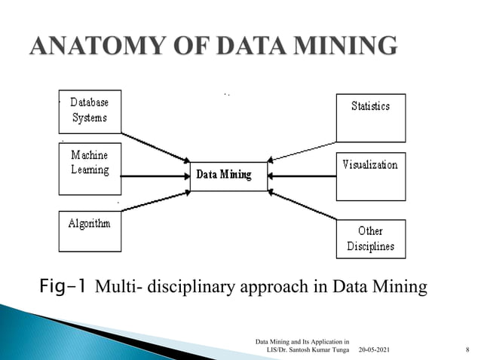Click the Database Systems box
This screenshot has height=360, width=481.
pos(90,111)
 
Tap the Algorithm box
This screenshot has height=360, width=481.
pos(90,230)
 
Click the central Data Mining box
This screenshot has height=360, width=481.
pos(228,175)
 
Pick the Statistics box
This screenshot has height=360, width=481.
pos(370,117)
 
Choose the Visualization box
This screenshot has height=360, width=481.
pos(370,176)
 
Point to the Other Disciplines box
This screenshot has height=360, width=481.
pos(370,239)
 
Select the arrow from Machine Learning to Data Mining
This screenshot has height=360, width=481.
pos(155,176)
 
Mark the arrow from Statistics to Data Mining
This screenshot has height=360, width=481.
pos(302,151)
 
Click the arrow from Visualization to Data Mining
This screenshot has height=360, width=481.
pos(302,176)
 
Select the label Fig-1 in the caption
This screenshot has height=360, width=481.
pos(64,286)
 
